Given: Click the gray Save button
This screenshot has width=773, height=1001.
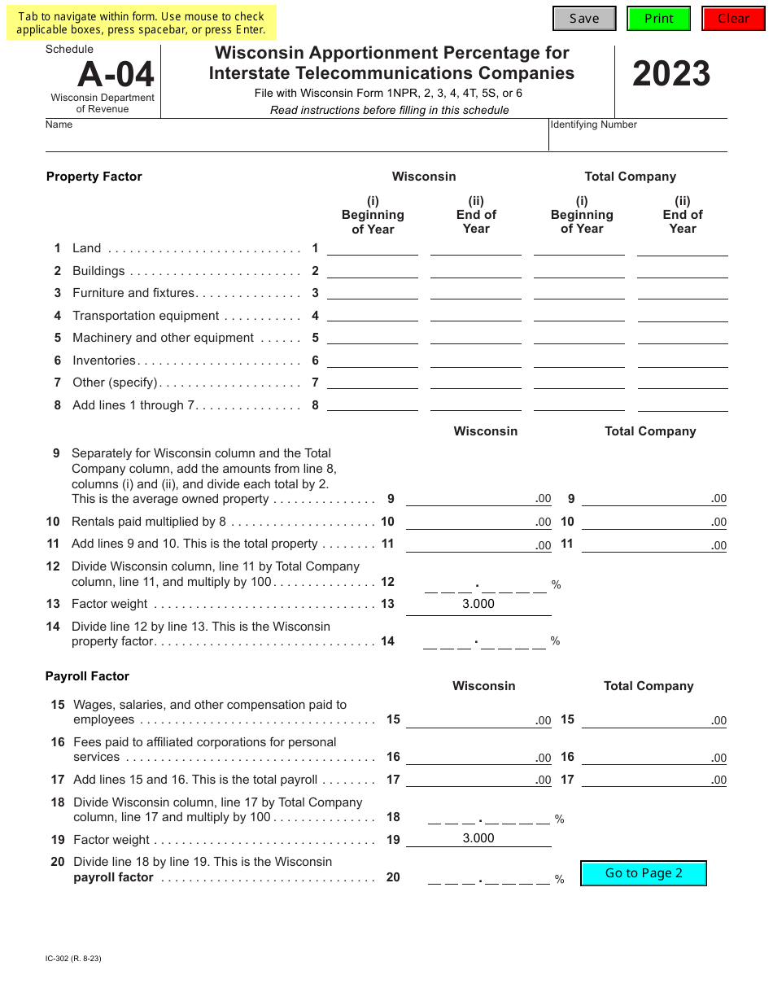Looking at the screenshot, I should [x=584, y=19].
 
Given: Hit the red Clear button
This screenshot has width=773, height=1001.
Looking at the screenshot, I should [x=733, y=19].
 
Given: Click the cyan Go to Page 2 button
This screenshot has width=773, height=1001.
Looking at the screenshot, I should [x=643, y=873].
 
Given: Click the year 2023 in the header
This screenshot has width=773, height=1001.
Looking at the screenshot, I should [x=671, y=74].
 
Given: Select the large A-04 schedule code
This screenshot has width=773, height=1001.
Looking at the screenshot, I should [x=116, y=75].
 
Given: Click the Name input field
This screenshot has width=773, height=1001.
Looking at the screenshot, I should [x=297, y=140].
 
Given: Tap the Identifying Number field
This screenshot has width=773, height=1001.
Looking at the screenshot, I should [x=638, y=140].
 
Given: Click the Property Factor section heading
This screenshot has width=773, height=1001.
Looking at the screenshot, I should [x=94, y=177].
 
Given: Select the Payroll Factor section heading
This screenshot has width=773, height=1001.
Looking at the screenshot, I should [x=87, y=676].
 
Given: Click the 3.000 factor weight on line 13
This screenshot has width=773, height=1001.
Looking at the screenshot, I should [x=478, y=604].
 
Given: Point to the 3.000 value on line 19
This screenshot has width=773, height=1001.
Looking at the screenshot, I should [x=478, y=838].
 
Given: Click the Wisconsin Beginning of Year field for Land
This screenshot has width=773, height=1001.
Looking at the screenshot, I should [x=373, y=248].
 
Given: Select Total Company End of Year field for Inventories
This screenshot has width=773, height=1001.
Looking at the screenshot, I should [x=682, y=361].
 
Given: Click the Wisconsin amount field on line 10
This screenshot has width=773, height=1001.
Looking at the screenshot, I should [x=472, y=521].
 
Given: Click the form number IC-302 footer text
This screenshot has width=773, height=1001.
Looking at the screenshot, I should [x=74, y=958].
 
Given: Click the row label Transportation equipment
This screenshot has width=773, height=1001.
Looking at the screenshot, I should [x=146, y=316].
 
